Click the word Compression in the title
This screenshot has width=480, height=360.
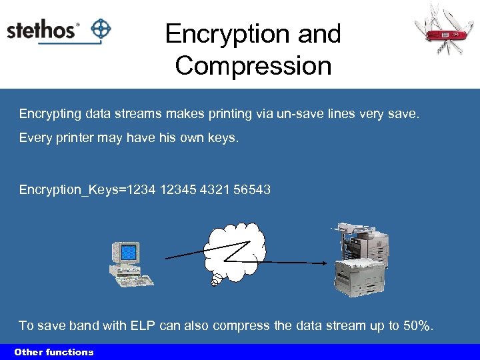point(253,66)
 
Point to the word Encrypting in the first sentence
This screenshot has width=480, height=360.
point(50,114)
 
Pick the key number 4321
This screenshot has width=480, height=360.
point(217,190)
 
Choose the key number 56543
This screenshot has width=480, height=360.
point(252,190)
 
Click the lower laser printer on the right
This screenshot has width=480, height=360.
point(360,277)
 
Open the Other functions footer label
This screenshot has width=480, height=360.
point(54,352)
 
